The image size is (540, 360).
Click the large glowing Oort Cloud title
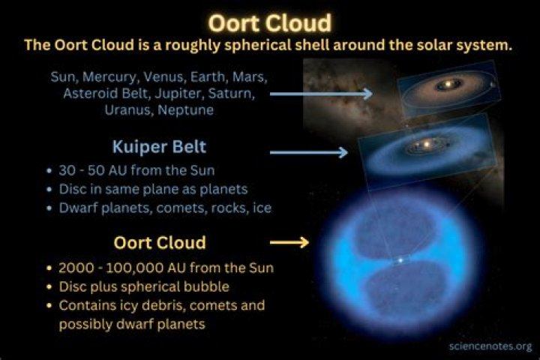270,23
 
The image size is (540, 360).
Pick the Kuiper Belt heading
159,147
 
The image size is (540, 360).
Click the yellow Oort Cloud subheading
160,242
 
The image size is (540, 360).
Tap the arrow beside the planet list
321,93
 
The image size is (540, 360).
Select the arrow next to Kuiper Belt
309,152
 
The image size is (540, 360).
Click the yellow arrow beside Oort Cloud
289,242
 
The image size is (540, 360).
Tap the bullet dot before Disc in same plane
50,190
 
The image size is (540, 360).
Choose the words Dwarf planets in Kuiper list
106,208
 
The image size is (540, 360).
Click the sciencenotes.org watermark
490,346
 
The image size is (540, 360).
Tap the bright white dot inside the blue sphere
400,260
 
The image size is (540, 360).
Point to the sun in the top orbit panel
448,84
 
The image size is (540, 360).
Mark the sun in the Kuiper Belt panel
426,144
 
